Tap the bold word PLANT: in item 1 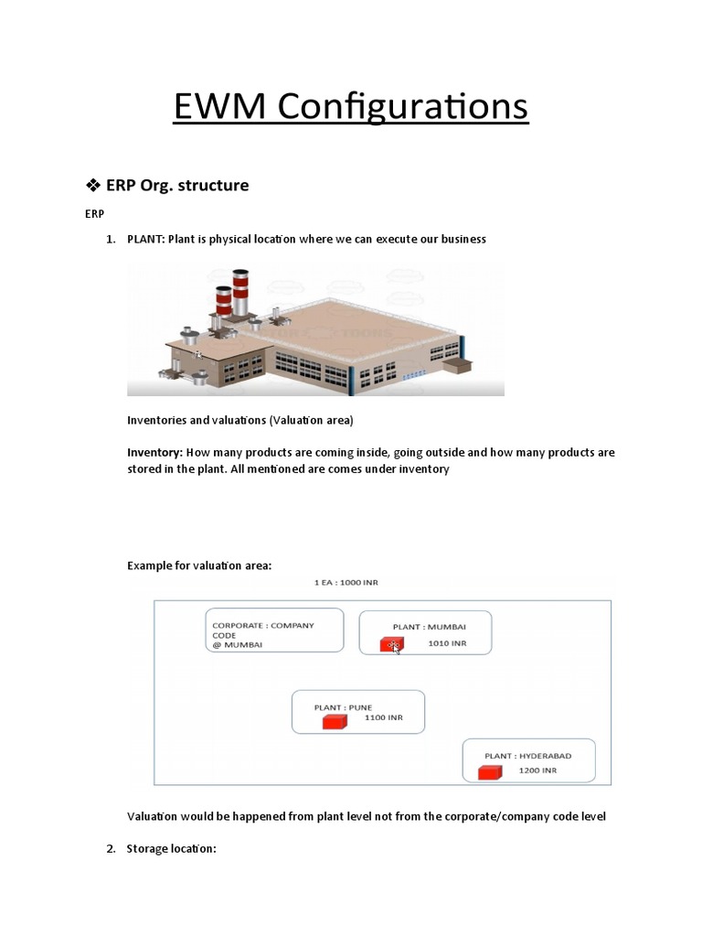[x=150, y=239]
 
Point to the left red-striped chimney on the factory [x=222, y=299]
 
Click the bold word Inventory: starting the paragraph [x=155, y=452]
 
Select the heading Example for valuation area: [x=199, y=566]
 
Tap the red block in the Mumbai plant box [x=392, y=645]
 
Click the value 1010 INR [x=447, y=643]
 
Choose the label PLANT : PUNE [x=343, y=707]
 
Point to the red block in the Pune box [x=335, y=721]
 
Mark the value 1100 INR [x=383, y=718]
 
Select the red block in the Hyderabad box [x=491, y=772]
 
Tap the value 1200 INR [x=537, y=770]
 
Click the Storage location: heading [x=171, y=849]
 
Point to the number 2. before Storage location [x=110, y=849]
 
